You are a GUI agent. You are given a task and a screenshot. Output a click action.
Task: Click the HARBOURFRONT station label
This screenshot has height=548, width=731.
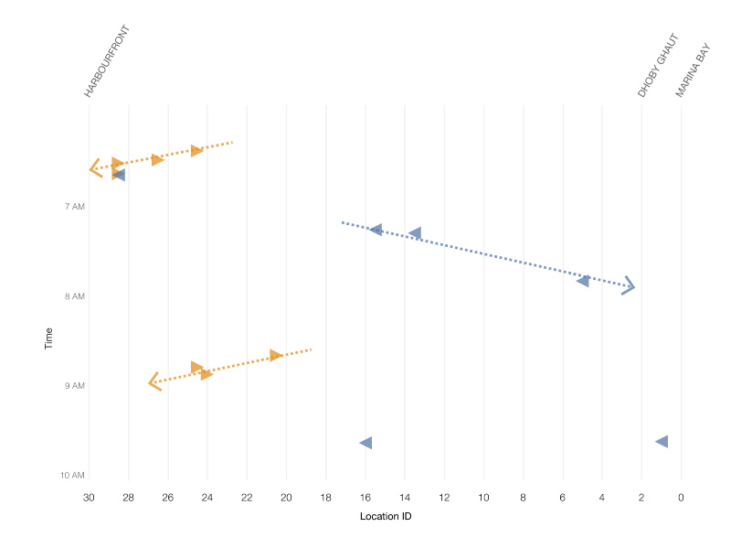click(108, 62)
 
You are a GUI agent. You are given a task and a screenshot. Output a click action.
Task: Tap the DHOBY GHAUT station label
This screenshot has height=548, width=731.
click(659, 66)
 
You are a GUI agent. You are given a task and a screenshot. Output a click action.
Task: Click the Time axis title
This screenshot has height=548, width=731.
click(48, 339)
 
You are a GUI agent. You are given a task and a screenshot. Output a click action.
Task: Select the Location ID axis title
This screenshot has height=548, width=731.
click(385, 517)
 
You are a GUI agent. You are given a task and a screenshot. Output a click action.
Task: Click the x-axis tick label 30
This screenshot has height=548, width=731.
click(89, 498)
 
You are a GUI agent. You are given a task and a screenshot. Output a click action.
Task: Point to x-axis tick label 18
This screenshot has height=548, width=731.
click(326, 498)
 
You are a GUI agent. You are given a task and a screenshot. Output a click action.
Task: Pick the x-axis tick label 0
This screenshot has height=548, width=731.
click(681, 498)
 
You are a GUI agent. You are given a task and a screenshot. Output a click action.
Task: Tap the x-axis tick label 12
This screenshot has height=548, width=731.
click(444, 498)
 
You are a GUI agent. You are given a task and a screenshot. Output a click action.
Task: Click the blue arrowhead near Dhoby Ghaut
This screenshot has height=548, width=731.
click(629, 285)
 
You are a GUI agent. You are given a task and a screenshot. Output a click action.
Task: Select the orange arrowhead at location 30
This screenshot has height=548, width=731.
click(94, 168)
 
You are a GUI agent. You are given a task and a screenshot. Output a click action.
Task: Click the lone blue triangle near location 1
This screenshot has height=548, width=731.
click(662, 442)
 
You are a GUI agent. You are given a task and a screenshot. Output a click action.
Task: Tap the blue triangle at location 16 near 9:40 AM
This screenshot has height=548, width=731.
click(365, 443)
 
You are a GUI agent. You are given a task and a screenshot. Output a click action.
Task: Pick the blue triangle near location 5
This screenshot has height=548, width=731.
click(583, 280)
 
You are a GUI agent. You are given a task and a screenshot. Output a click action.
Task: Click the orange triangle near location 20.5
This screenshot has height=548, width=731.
click(275, 355)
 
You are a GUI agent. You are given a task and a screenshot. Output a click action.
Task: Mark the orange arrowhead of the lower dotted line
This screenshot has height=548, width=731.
click(154, 381)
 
